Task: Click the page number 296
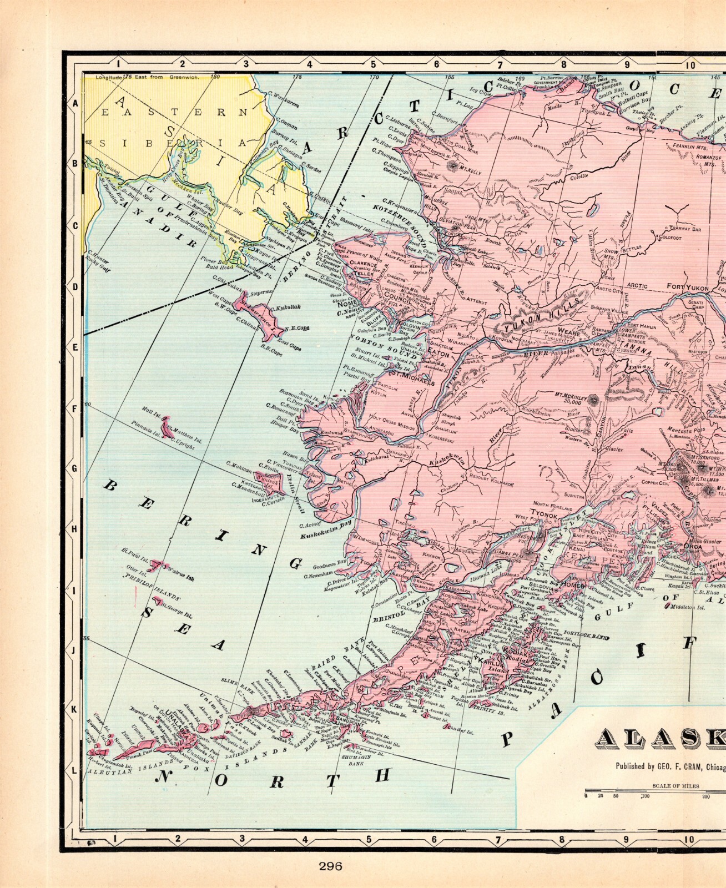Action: (x=330, y=866)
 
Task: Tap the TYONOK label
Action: (x=543, y=515)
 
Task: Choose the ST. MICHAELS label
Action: (x=411, y=378)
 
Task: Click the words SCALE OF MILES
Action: (x=675, y=786)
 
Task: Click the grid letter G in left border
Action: (x=74, y=467)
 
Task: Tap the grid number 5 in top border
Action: (x=373, y=64)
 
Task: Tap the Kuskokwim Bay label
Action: (x=326, y=529)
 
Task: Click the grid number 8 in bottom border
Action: (x=562, y=839)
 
